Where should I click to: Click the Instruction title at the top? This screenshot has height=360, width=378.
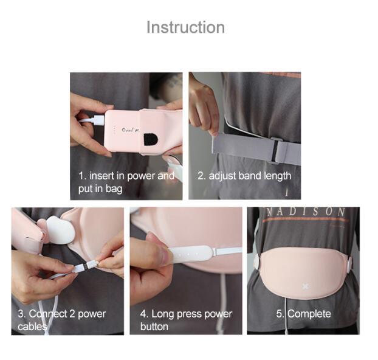[185, 27]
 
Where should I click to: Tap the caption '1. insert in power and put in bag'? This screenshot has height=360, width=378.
[126, 182]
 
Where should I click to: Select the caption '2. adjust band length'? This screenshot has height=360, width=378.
[244, 176]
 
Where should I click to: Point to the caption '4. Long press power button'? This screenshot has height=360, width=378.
[186, 320]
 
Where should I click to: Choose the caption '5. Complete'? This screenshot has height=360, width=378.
[303, 314]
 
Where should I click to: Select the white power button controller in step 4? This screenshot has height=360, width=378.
[194, 252]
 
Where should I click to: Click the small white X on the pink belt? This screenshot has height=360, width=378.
[304, 285]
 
